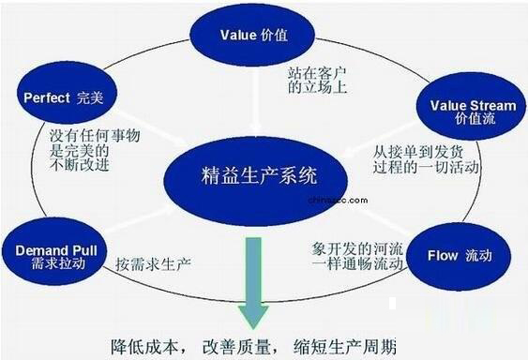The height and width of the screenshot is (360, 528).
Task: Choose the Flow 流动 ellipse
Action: [455, 254]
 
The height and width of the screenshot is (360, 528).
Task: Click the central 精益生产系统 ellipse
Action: [259, 174]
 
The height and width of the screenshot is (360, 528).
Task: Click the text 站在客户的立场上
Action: [320, 79]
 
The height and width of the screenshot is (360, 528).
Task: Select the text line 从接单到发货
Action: [414, 151]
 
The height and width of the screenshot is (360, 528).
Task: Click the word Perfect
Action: [42, 97]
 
